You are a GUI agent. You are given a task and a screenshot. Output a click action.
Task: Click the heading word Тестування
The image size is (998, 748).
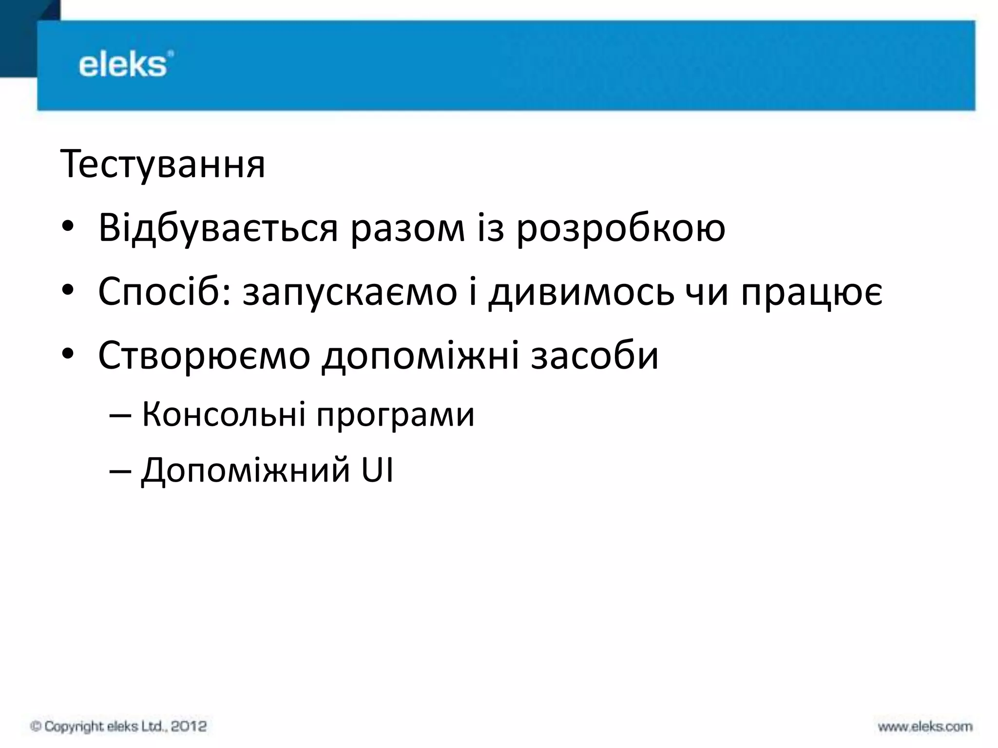pyautogui.click(x=163, y=165)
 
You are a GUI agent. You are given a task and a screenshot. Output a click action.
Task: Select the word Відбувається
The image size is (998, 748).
pyautogui.click(x=218, y=228)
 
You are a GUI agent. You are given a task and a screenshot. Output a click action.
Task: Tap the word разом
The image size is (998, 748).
pyautogui.click(x=408, y=228)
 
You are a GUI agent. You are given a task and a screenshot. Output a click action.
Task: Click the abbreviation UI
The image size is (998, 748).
pyautogui.click(x=377, y=470)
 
